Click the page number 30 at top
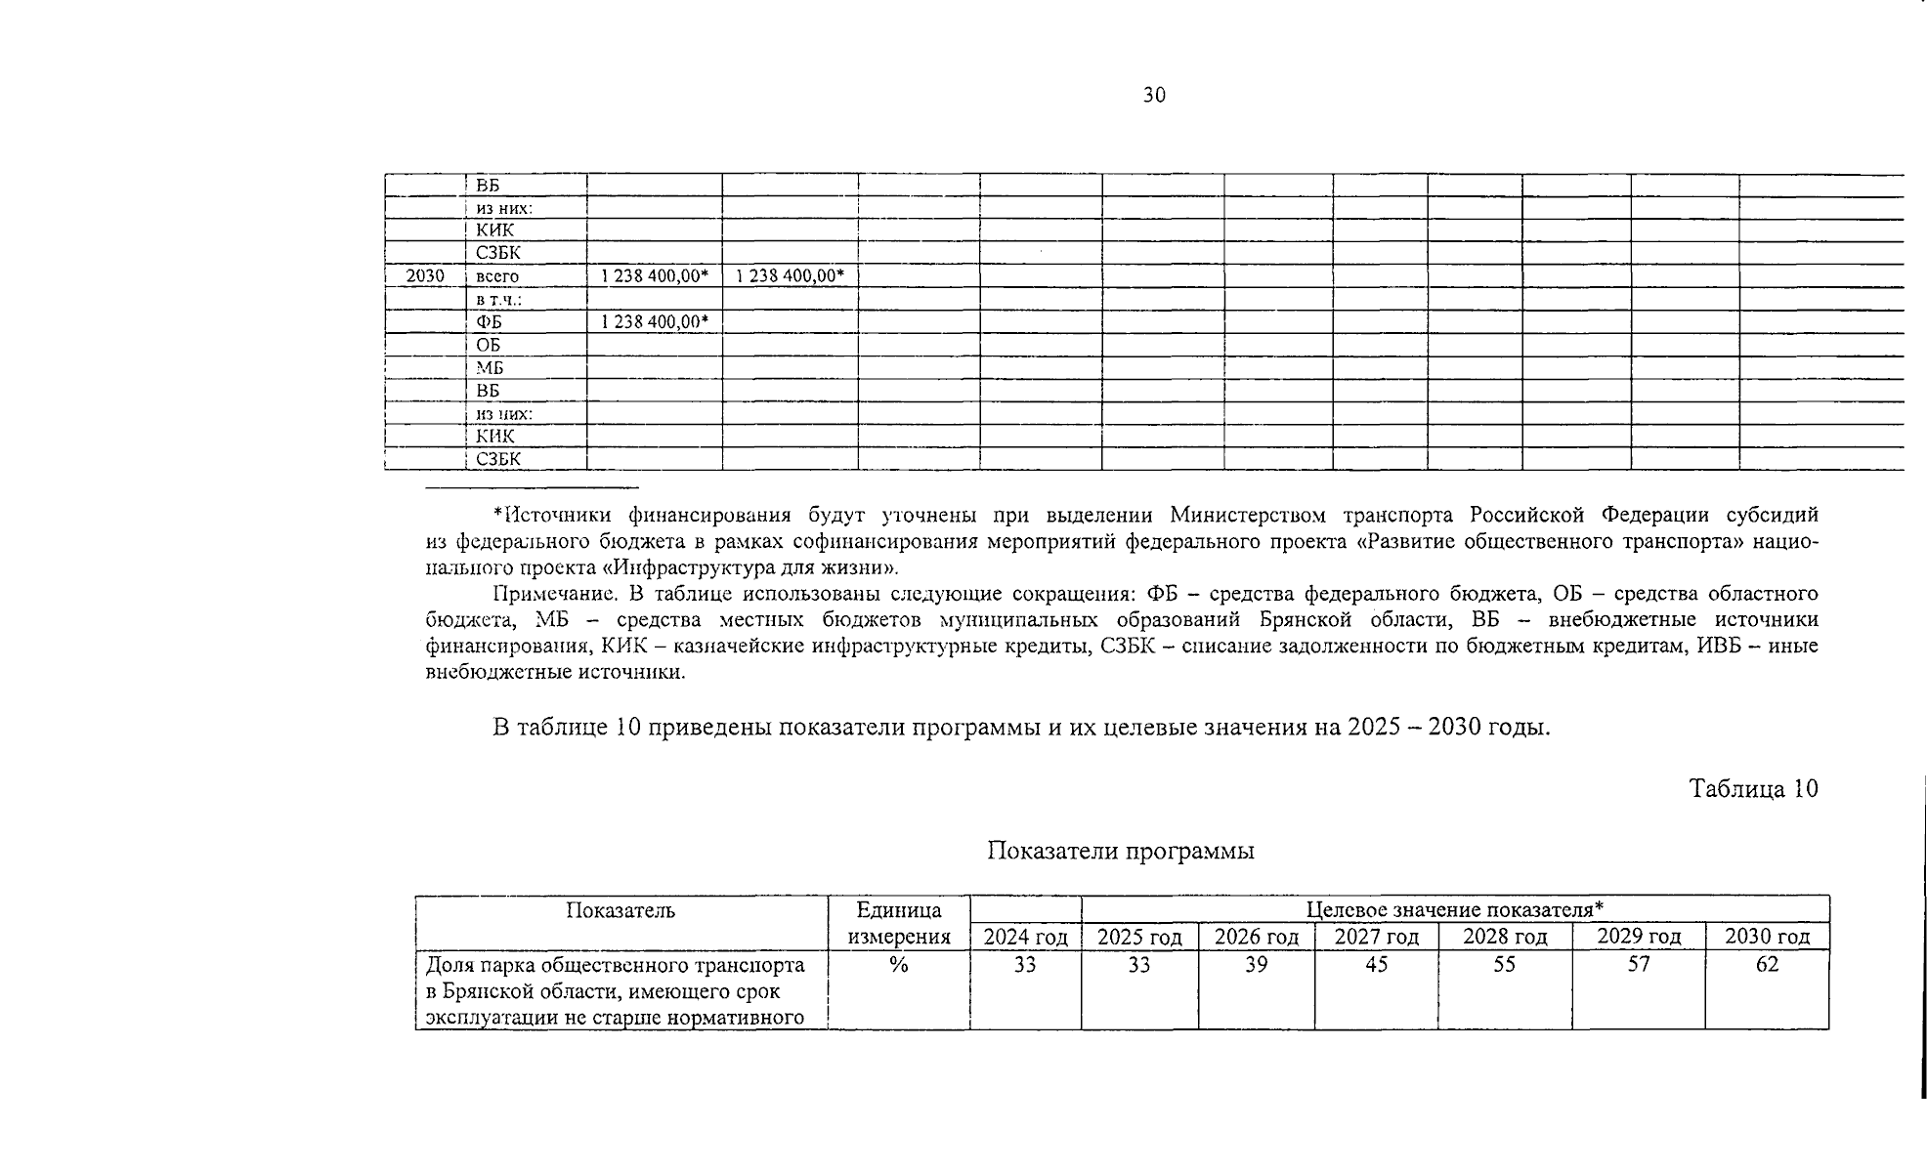point(1153,95)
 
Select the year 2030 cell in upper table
point(425,276)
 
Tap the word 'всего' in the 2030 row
point(497,276)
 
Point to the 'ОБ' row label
point(488,345)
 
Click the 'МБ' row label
point(490,368)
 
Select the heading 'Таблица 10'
point(1753,789)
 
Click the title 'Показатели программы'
point(1120,851)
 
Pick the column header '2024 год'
point(1025,938)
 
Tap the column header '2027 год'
point(1376,938)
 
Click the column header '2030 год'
point(1767,938)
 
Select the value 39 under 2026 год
point(1256,965)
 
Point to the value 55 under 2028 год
point(1504,965)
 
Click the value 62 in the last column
point(1767,965)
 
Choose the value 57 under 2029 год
point(1638,965)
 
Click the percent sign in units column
point(898,965)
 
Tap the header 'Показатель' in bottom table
point(621,911)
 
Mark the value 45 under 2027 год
point(1376,965)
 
